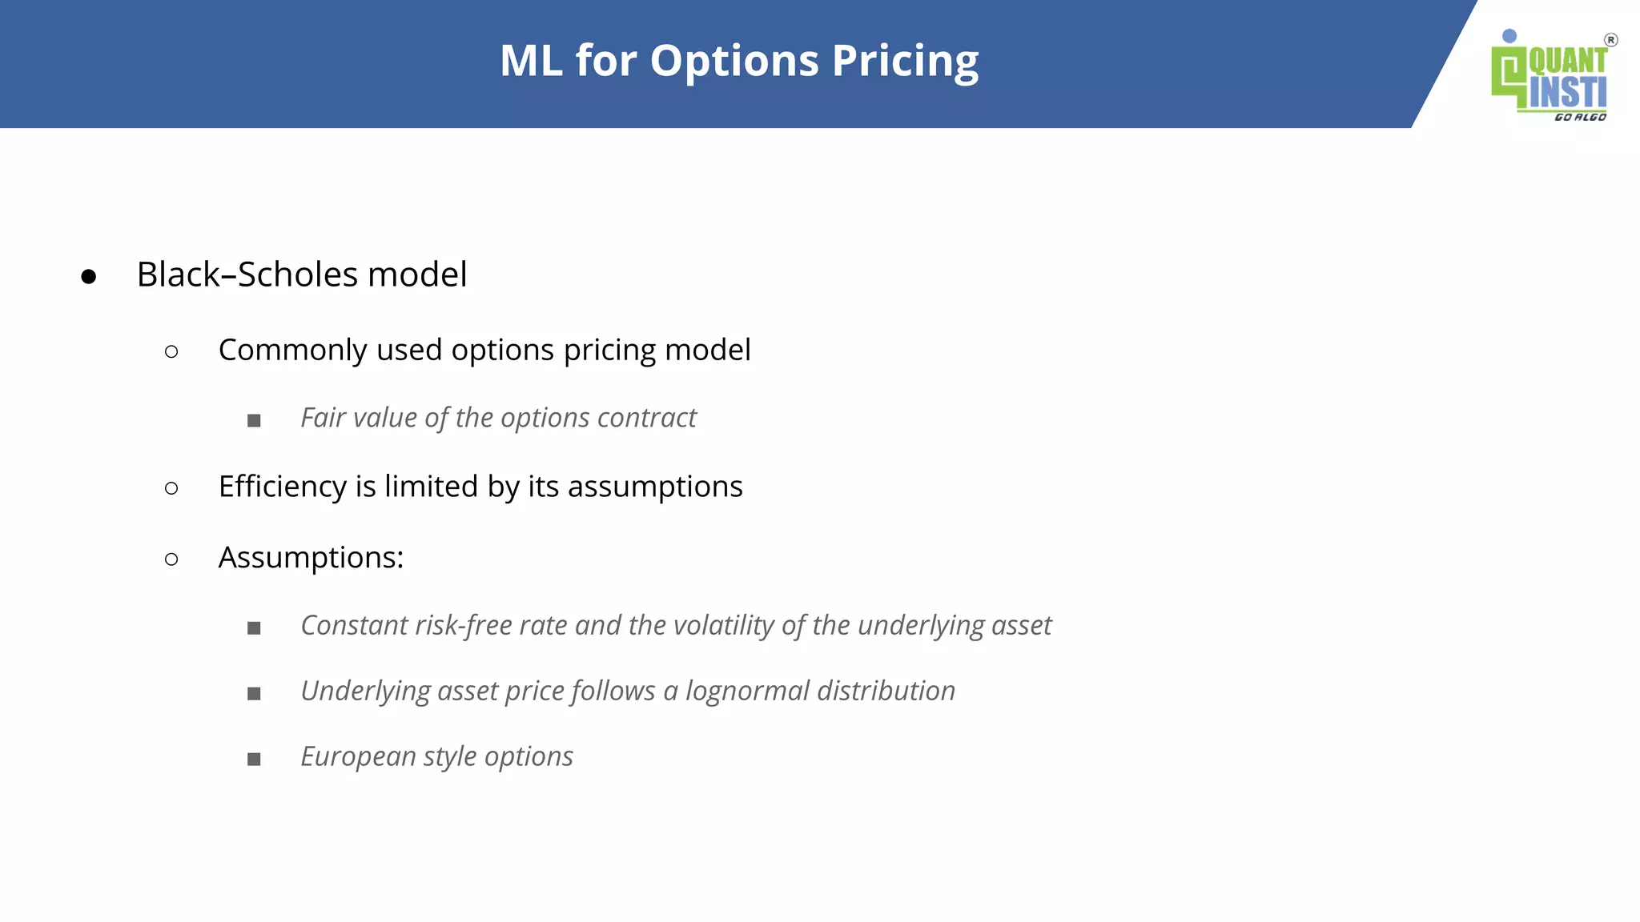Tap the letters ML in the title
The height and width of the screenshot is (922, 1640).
tap(530, 61)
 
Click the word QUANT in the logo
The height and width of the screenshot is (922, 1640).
tap(1567, 62)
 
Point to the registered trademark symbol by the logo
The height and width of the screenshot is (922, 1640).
tap(1610, 40)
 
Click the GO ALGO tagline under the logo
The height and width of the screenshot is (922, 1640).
tap(1580, 117)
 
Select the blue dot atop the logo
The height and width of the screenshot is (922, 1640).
tap(1509, 36)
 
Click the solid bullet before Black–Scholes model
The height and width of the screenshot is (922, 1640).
tap(89, 276)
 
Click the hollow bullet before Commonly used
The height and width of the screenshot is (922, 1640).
tap(171, 351)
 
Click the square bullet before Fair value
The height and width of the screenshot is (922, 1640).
tap(254, 420)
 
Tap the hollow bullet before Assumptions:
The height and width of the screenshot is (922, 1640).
tap(171, 559)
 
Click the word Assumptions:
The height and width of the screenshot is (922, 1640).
tap(311, 558)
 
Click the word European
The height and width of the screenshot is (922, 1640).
tap(358, 756)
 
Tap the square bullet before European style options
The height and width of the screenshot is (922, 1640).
tap(254, 759)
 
